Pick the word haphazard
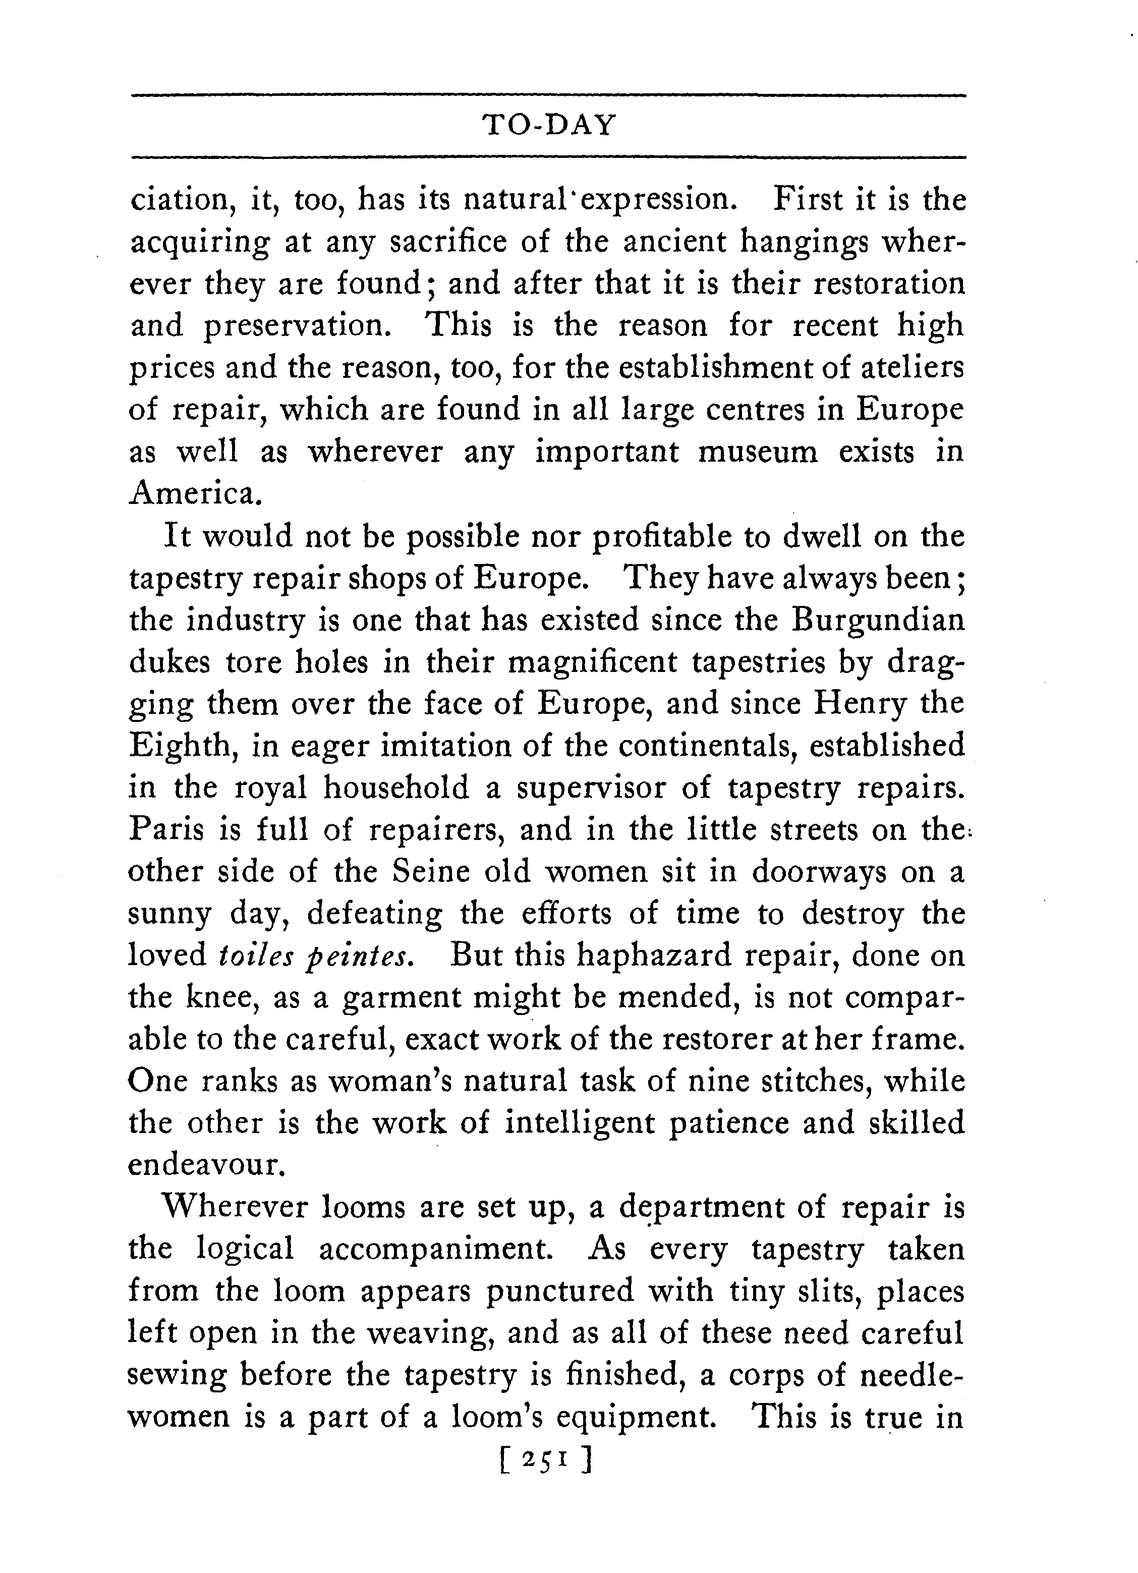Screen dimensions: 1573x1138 coord(654,955)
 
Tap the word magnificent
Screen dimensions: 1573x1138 coord(592,662)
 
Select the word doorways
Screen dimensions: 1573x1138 coord(819,872)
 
